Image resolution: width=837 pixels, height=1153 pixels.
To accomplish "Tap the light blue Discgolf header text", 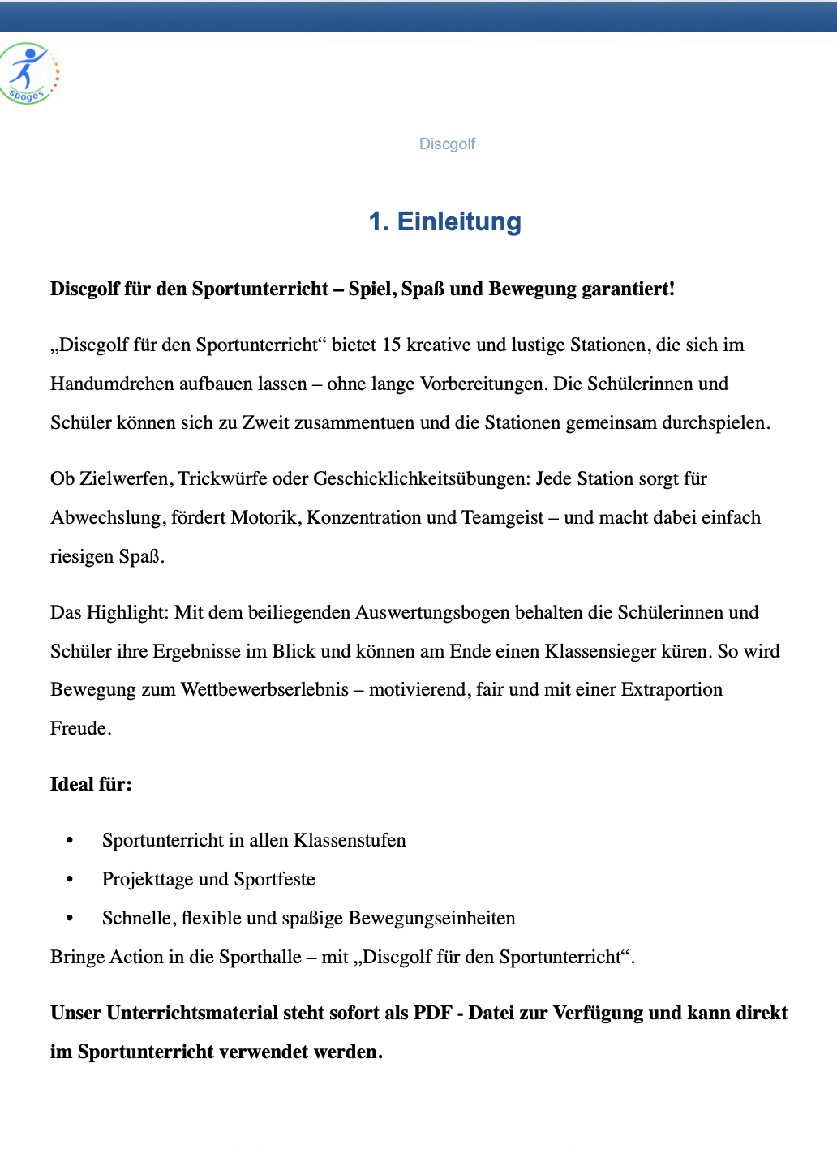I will point(447,144).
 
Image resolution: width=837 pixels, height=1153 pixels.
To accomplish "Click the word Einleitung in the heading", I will point(459,221).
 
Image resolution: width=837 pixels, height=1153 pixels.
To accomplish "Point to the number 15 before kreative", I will point(391,345).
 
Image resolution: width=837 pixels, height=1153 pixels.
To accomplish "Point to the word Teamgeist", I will point(502,518).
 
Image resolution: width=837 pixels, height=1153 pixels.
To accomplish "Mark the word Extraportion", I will point(672,690).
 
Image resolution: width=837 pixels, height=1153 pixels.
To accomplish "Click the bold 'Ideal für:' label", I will point(91,785).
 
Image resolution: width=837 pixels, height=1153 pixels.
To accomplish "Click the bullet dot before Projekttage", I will point(70,880).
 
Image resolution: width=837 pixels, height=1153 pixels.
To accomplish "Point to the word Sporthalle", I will point(260,958).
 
